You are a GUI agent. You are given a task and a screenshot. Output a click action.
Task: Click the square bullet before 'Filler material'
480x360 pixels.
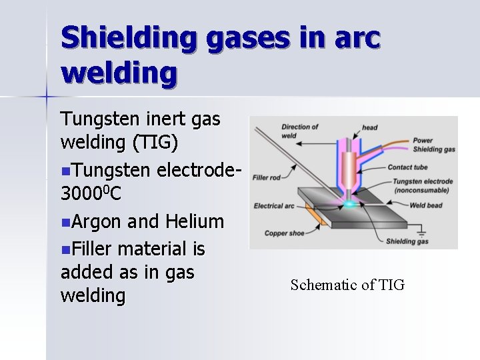tap(64, 249)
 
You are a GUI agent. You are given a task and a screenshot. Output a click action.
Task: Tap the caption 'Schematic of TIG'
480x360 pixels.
tap(347, 285)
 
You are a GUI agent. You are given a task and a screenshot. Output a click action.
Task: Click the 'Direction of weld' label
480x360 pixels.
tap(299, 131)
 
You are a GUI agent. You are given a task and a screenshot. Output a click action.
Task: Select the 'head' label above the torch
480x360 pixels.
tap(370, 127)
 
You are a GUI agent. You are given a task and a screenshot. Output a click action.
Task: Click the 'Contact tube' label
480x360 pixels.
tap(408, 167)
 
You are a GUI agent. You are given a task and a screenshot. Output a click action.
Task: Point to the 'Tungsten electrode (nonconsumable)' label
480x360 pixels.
tap(423, 185)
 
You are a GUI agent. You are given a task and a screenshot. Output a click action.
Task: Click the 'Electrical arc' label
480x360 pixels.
tap(274, 206)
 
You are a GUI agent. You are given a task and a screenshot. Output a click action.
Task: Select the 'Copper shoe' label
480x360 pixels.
tap(285, 233)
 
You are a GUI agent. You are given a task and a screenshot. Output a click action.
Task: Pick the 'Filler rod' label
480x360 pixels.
tap(265, 177)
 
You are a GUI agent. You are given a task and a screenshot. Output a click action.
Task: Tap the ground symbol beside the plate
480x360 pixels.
tap(421, 233)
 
